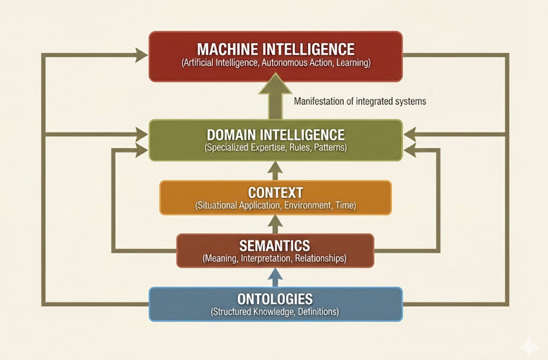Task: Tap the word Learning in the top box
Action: [352, 63]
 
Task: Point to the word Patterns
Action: [330, 147]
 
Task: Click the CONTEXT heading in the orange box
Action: [276, 193]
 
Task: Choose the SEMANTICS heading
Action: [275, 246]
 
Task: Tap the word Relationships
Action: [320, 258]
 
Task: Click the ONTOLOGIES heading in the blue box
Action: [275, 299]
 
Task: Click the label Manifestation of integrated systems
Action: [360, 101]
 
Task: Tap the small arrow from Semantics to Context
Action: [276, 224]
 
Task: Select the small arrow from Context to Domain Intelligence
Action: [276, 170]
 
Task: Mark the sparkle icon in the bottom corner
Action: [529, 346]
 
